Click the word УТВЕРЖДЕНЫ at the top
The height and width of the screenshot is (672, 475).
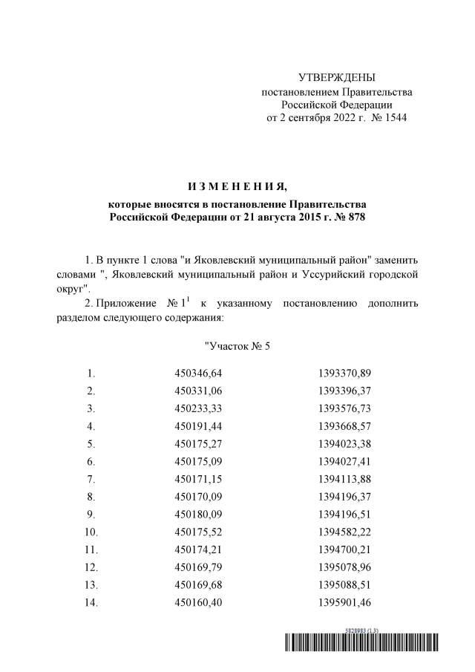click(336, 78)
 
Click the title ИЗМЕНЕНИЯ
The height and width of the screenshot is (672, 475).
click(237, 185)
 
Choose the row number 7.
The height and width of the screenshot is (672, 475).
click(91, 480)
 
